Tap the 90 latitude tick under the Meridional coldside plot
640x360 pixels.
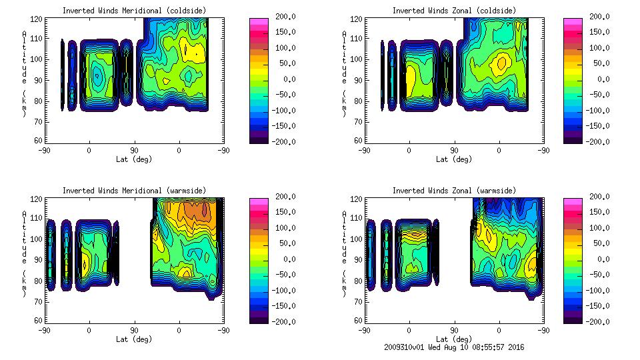[134, 151]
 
